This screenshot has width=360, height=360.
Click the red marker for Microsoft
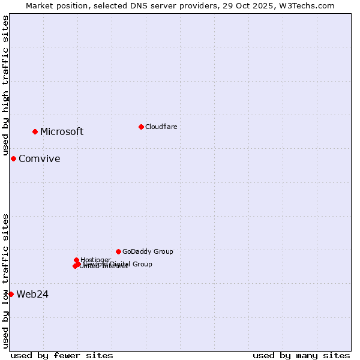35,131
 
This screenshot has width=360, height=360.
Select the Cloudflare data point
141,127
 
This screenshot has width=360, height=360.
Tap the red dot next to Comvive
13,158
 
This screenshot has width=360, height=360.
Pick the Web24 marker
11,294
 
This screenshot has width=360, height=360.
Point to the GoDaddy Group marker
118,251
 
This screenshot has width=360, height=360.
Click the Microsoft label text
62,132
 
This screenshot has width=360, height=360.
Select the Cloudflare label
161,127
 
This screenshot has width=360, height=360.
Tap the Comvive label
39,159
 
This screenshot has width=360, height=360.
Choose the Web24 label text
32,294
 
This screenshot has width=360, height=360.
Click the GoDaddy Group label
147,251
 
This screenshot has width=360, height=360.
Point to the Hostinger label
95,260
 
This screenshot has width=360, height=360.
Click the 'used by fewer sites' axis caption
62,355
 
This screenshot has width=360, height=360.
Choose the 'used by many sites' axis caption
301,355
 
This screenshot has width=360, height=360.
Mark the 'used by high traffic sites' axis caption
5,86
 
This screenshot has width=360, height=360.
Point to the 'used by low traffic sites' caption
5,281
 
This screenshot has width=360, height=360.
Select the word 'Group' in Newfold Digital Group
142,264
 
